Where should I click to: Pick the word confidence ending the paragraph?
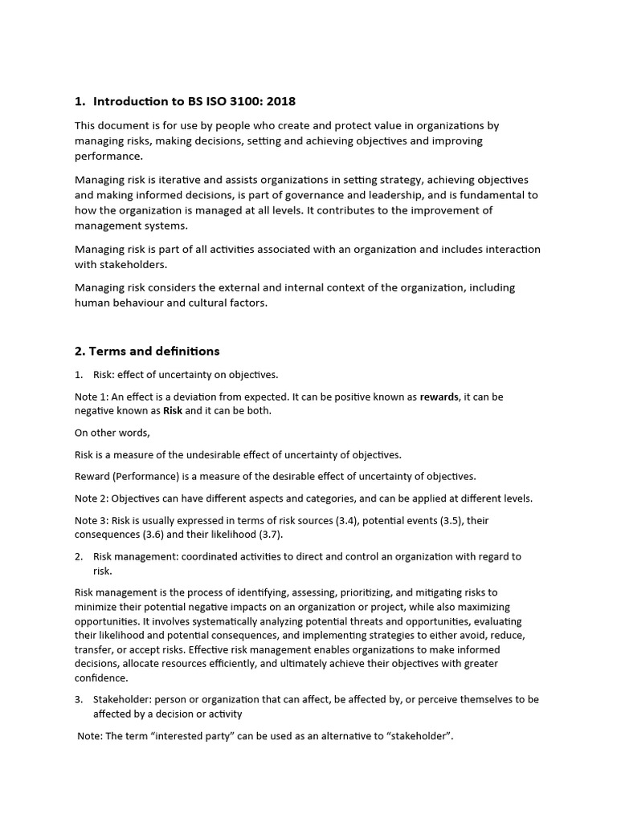click(100, 678)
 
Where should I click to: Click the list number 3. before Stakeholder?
click(79, 700)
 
